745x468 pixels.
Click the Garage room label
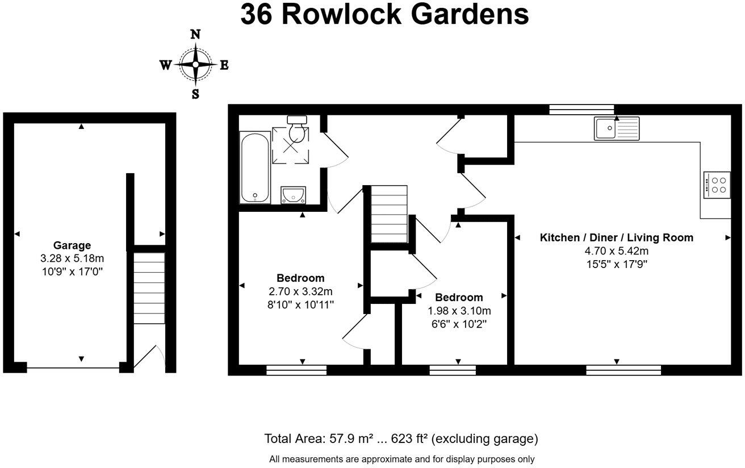coord(72,245)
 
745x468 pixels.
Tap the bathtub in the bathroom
coord(255,168)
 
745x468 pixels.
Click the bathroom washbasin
coord(293,195)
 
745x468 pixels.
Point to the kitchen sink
coord(616,128)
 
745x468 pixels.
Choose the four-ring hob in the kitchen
coord(717,185)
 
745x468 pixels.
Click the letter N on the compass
coord(195,34)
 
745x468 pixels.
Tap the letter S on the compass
coord(195,95)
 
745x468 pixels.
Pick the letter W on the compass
coord(166,65)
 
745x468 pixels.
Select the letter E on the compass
coord(224,65)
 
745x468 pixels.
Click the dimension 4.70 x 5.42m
coord(616,251)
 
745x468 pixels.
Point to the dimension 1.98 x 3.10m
coord(459,311)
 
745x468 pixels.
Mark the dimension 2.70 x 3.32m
coord(300,291)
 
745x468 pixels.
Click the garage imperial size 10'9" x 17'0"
coord(72,271)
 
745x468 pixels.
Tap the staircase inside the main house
coord(389,214)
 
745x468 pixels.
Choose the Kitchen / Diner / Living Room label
coord(616,237)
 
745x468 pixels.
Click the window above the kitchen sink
coord(581,110)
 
